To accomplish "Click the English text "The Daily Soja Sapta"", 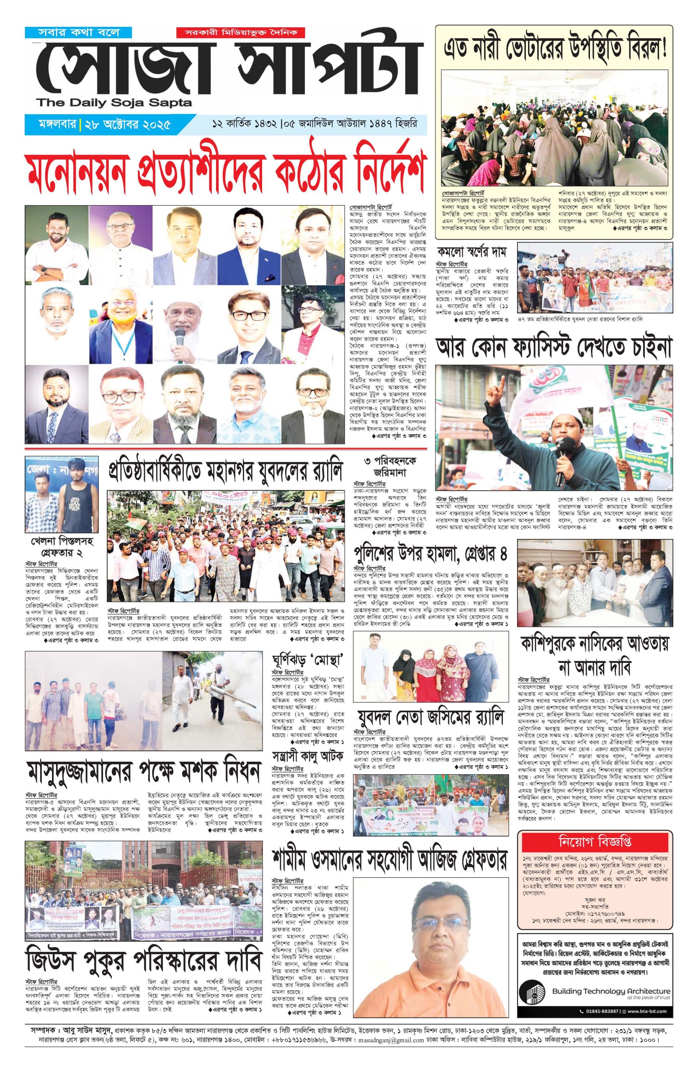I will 114,102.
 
